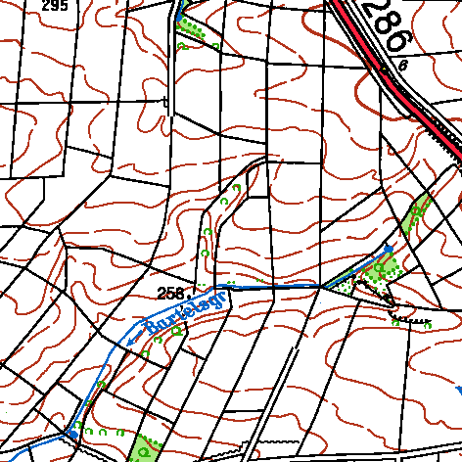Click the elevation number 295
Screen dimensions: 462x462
point(55,6)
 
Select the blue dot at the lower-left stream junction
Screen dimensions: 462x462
point(71,432)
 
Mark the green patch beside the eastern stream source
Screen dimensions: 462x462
point(387,264)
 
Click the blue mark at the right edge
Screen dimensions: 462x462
point(458,389)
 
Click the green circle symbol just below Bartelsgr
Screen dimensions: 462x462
point(176,330)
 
